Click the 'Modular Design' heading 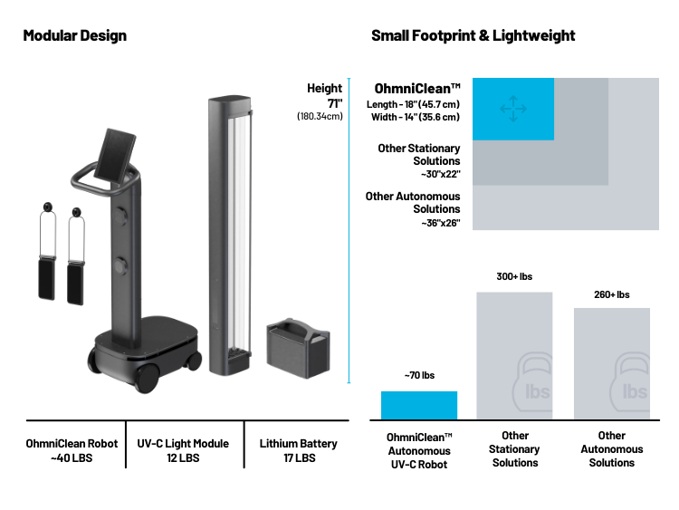click(x=75, y=35)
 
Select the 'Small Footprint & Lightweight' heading click(x=473, y=35)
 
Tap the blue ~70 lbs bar click(x=419, y=405)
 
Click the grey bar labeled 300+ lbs click(x=514, y=355)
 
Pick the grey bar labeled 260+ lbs click(x=612, y=363)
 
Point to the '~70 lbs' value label click(x=419, y=375)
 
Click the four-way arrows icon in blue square click(x=513, y=109)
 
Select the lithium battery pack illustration click(x=299, y=348)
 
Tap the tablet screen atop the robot click(x=115, y=156)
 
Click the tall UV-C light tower click(x=230, y=236)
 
